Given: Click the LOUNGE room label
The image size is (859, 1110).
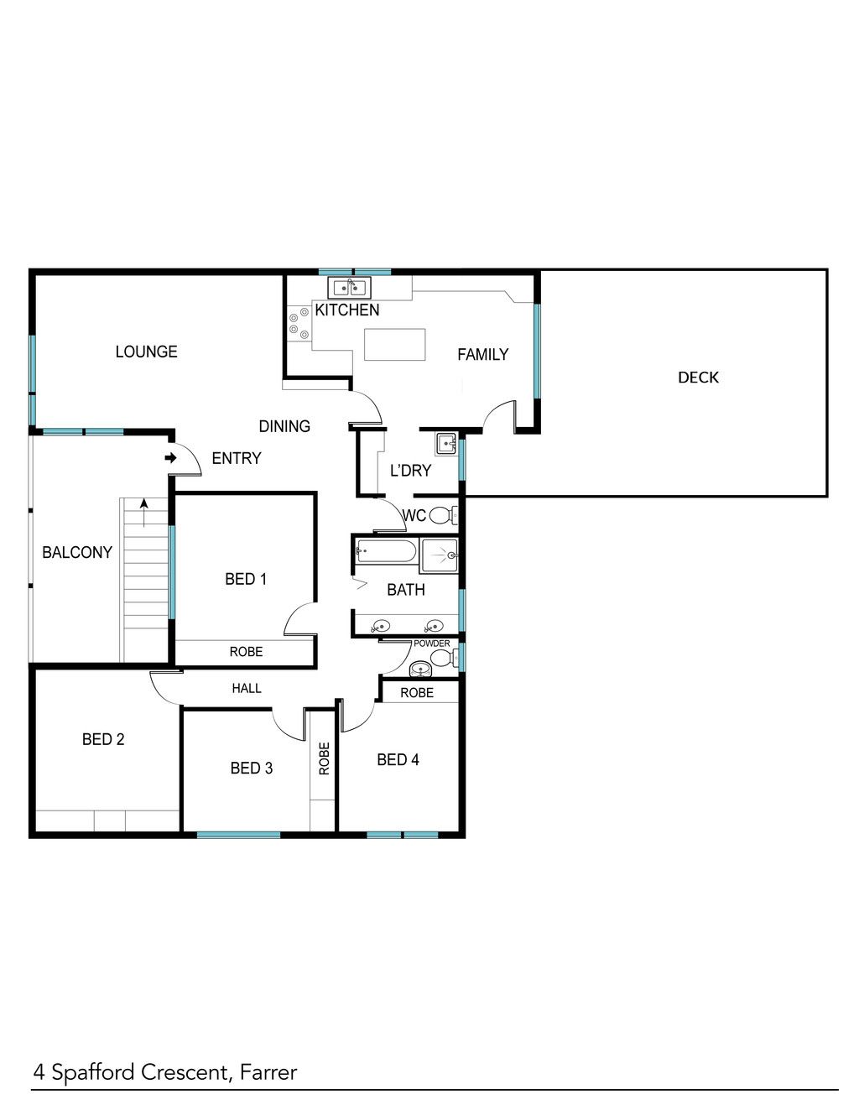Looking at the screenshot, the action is coord(146,352).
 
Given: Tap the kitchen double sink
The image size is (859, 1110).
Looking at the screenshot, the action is coord(349,288).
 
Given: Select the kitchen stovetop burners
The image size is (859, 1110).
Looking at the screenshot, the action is coord(299,323).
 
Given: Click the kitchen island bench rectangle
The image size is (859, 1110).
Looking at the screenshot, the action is coord(395,345).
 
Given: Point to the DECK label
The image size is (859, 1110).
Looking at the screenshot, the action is coord(698,378).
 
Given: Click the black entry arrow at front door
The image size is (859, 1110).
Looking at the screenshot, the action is coord(170,457).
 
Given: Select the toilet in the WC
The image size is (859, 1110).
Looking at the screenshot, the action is coord(443,515).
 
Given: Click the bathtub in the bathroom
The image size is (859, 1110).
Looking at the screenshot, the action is coord(387,551).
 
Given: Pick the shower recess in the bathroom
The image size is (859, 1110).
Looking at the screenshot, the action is coord(439,555).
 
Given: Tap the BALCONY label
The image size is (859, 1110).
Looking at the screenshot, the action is coord(77,552).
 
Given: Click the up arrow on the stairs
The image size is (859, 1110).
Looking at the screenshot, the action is coord(144,513).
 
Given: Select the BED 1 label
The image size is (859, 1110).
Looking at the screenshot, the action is coord(246,579).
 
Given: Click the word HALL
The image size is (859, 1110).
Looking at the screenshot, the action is coord(247,688).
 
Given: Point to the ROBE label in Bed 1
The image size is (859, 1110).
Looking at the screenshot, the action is coord(246,651).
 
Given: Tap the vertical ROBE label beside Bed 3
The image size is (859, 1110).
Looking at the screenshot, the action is coord(325,758).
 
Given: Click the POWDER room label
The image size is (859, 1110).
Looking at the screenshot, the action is coord(431,644).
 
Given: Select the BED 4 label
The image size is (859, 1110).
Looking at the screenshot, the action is coord(398,759).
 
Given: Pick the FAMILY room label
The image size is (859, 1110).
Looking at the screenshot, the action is coord(482,354).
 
